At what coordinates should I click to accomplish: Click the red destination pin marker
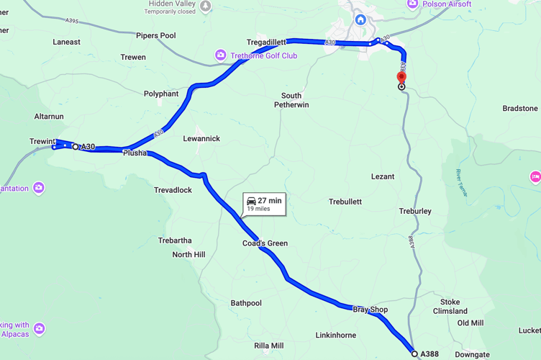click(401, 77)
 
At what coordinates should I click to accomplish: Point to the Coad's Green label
click(265, 243)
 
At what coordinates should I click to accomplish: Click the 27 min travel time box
click(263, 204)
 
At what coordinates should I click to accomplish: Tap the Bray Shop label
click(370, 310)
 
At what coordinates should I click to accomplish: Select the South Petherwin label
click(291, 100)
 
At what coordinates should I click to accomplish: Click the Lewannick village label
click(201, 138)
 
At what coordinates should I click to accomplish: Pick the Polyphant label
click(161, 94)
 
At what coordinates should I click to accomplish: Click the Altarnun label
click(49, 116)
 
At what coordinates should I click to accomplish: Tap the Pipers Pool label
click(156, 35)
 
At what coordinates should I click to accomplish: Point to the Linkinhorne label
click(335, 336)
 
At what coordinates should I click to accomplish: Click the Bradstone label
click(519, 109)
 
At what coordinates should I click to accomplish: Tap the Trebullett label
click(345, 202)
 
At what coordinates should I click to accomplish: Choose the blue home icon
click(360, 19)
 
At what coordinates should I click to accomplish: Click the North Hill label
click(188, 254)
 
